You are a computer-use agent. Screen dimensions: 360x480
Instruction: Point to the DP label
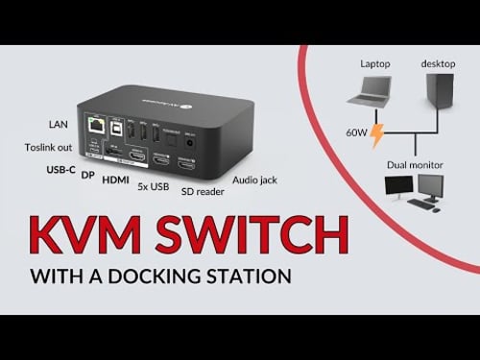pyautogui.click(x=87, y=176)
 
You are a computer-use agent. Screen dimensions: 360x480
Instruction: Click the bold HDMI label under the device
pyautogui.click(x=116, y=180)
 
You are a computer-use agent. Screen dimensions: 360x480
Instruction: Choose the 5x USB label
pyautogui.click(x=154, y=185)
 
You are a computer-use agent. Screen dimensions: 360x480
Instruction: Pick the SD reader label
pyautogui.click(x=202, y=190)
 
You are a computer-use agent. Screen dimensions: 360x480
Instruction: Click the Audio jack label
pyautogui.click(x=254, y=179)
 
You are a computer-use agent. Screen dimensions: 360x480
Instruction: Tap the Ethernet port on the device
pyautogui.click(x=96, y=125)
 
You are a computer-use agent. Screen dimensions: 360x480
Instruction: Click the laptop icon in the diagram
pyautogui.click(x=374, y=92)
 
